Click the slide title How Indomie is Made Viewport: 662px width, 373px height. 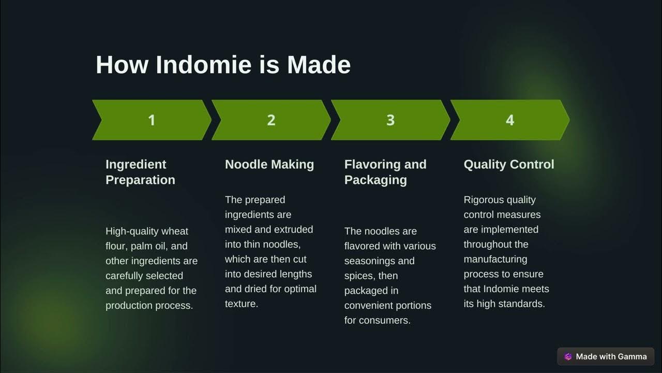tap(223, 65)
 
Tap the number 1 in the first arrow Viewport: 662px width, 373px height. tap(152, 120)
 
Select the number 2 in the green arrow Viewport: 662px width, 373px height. tap(271, 120)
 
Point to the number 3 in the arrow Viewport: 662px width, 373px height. tap(390, 120)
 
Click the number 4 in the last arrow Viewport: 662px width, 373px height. tap(510, 120)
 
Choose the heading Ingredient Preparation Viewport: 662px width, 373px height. tap(140, 172)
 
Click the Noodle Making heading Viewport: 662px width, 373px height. tap(269, 165)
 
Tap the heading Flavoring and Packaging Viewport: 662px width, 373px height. tap(385, 172)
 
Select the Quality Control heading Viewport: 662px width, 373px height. tap(509, 165)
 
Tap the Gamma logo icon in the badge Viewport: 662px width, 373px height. tap(568, 356)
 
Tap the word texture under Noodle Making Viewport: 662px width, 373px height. tap(241, 304)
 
